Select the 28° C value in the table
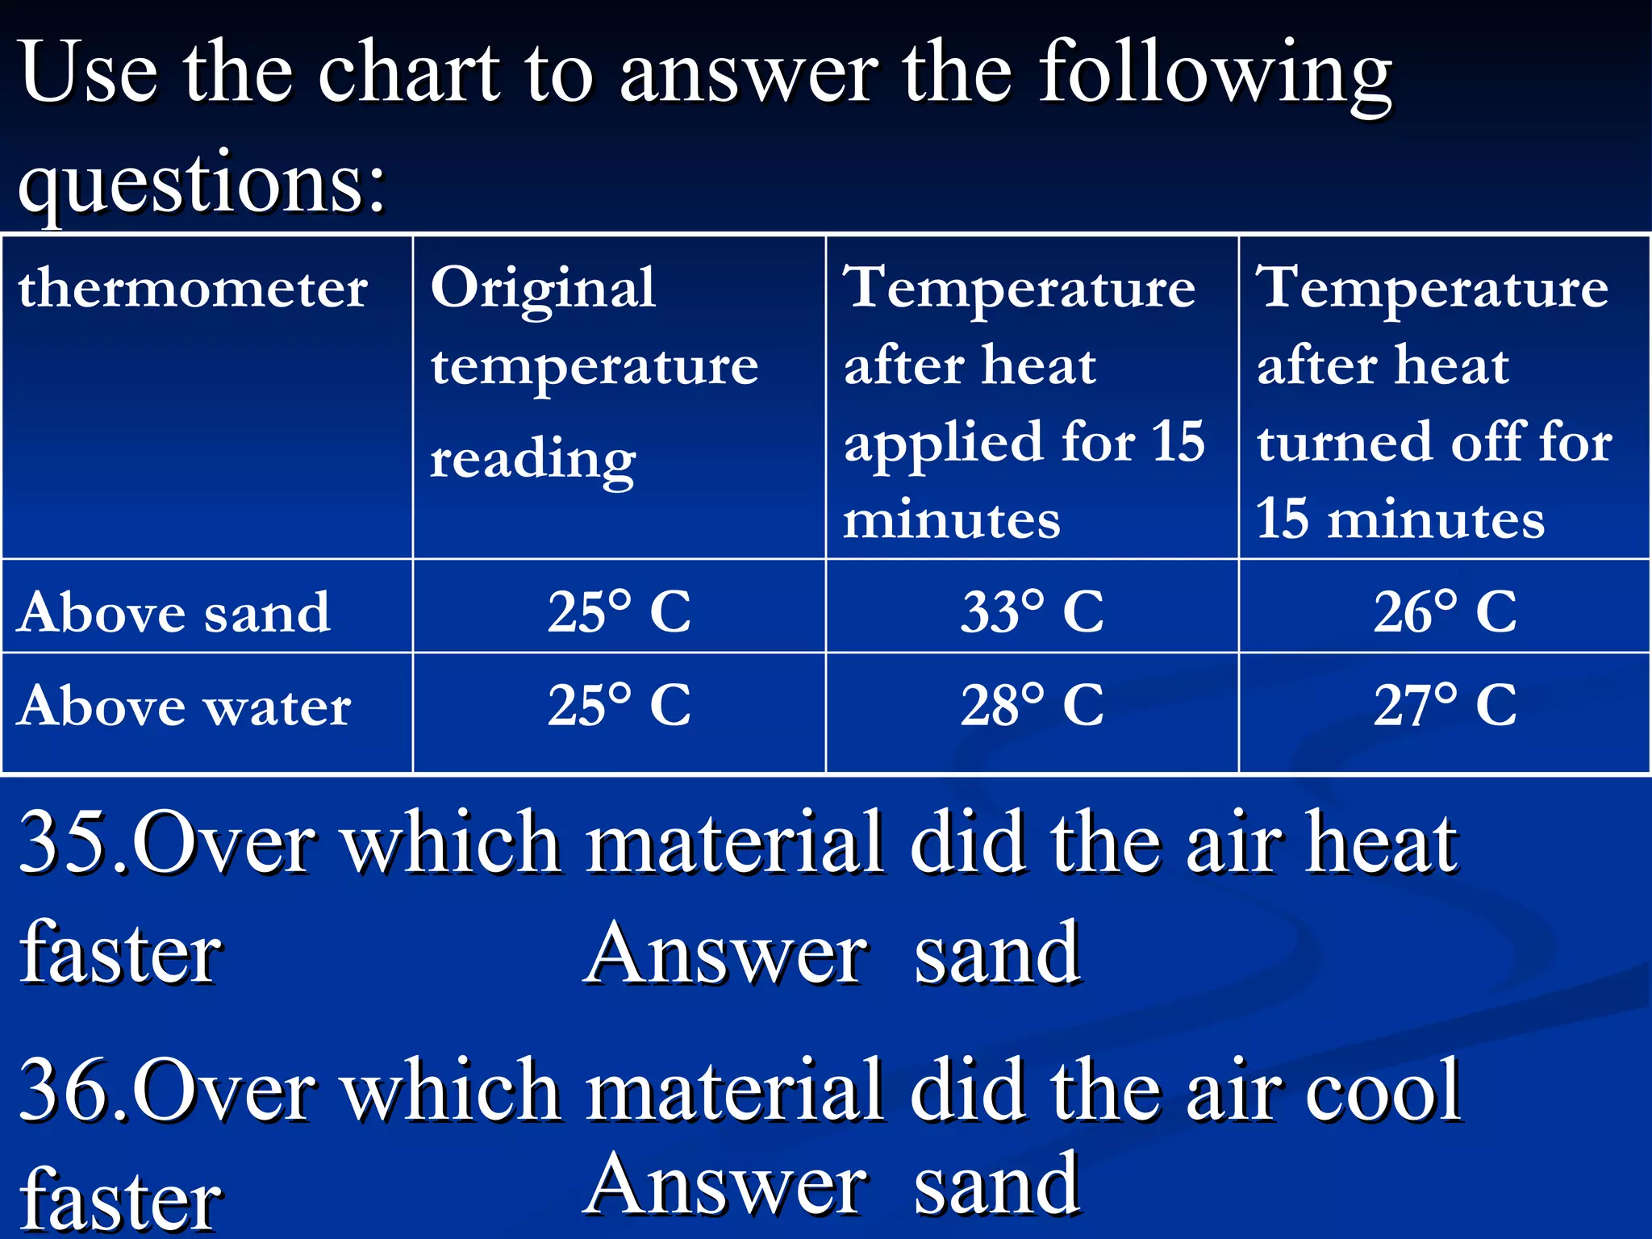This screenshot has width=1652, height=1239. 1032,704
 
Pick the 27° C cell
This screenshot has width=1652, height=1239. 1445,704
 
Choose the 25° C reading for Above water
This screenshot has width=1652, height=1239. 619,704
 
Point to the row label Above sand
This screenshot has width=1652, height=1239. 173,612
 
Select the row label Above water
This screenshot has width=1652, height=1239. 184,706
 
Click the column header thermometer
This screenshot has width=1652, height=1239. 193,288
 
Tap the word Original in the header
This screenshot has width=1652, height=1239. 543,290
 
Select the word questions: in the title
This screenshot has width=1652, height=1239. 202,184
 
